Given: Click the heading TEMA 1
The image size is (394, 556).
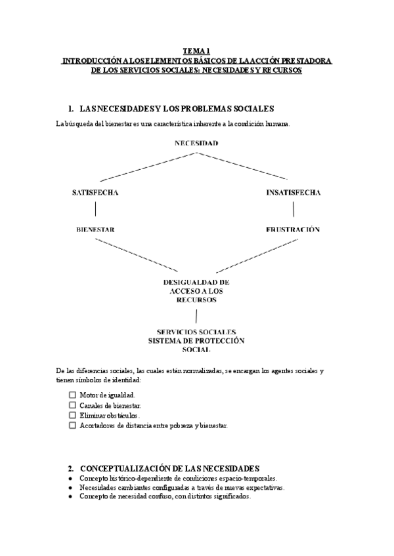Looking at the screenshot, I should [197, 50].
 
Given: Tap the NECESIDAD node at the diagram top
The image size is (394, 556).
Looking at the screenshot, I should [196, 143].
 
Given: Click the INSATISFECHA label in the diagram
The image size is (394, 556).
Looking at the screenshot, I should [294, 193].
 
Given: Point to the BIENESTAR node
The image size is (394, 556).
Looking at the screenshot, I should [96, 230].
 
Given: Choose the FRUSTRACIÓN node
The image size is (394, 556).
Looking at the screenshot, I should [294, 230].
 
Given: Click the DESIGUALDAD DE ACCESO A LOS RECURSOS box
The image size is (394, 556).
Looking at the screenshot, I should [196, 290].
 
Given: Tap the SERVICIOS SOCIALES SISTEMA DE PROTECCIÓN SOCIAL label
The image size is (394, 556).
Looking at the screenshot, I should [196, 341].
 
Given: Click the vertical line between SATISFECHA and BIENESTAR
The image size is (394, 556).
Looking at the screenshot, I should [96, 209].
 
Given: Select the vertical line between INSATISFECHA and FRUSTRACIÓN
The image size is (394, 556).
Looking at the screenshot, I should [294, 209].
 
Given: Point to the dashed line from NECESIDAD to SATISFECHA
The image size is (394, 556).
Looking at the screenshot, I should [148, 166].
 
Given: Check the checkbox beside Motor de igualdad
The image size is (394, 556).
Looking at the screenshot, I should [72, 395].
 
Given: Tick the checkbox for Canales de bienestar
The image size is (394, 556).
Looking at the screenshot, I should [72, 405].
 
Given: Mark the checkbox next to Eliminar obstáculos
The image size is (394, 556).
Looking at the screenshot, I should [72, 415].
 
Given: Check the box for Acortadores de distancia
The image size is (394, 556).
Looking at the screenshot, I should [72, 426].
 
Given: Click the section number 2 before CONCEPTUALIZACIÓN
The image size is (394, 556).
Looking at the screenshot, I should [70, 469].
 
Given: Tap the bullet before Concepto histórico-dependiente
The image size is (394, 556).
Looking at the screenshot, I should [70, 479].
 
